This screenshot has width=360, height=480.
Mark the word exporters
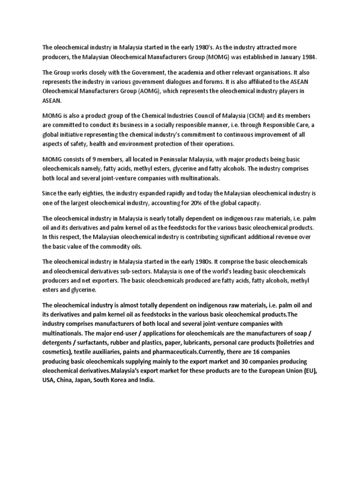[x=96, y=280]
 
